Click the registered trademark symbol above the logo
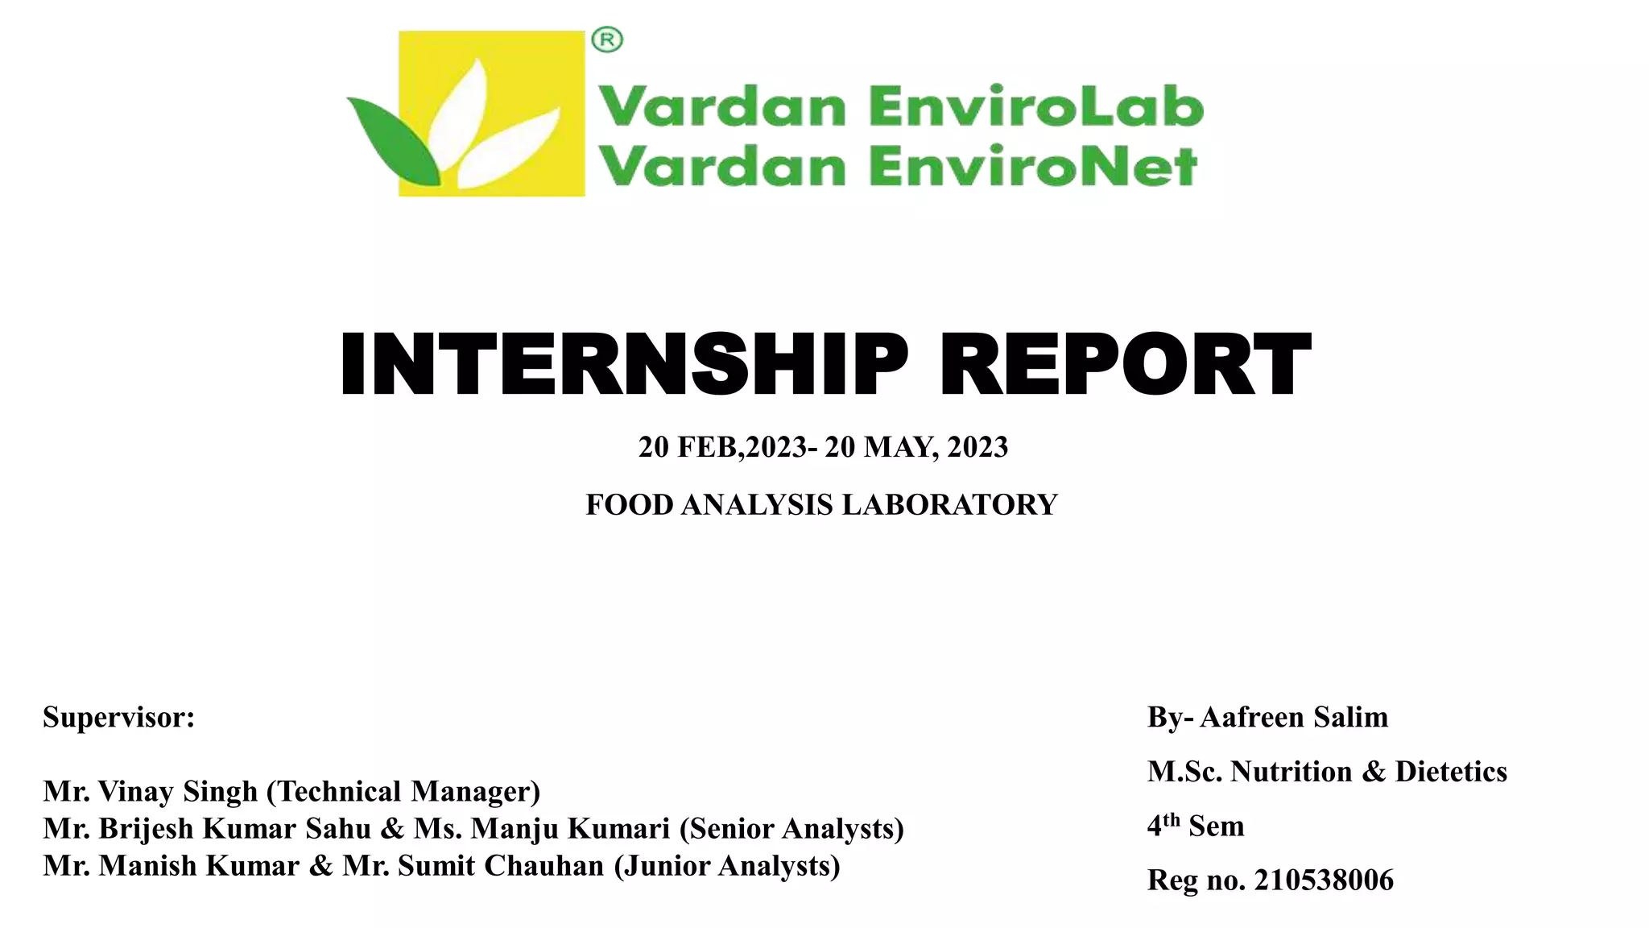point(607,39)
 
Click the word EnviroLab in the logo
point(1036,108)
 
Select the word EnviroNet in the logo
point(1033,168)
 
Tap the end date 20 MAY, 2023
point(916,447)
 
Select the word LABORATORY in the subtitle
point(949,505)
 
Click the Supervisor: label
point(119,717)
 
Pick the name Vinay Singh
point(177,791)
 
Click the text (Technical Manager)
point(403,791)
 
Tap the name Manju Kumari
point(570,828)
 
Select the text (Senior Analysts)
point(791,828)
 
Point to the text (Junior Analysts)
point(727,865)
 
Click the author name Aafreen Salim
point(1294,717)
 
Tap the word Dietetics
point(1451,772)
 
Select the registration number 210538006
point(1324,880)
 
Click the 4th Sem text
point(1196,826)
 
